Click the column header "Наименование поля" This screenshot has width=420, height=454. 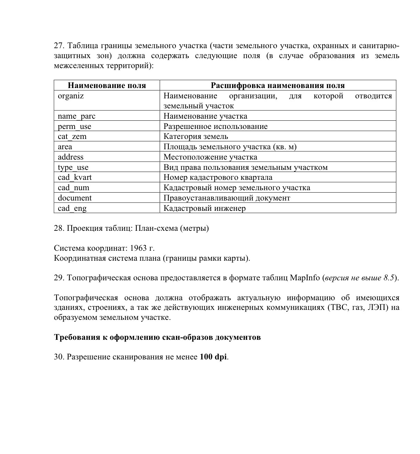[107, 85]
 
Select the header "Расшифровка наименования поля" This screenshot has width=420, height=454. [277, 85]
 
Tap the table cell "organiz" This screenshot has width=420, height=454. [71, 96]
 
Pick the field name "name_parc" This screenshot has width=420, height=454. [76, 116]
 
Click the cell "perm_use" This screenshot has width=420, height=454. [74, 127]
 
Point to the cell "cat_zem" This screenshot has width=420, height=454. [72, 137]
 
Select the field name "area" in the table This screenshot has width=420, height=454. [65, 147]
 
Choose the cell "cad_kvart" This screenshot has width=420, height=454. [75, 177]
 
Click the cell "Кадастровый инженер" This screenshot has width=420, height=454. [204, 208]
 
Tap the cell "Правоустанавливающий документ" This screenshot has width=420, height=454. [227, 198]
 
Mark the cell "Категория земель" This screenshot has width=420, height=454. [196, 137]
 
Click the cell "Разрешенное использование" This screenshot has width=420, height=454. [215, 127]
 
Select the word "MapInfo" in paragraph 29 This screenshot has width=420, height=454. [305, 278]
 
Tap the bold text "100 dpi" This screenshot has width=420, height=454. [213, 357]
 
